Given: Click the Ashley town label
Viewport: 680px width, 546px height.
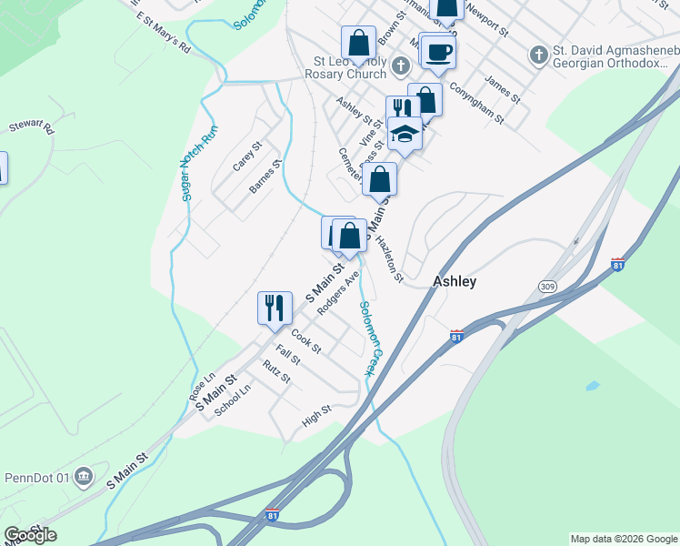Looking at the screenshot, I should coord(455,281).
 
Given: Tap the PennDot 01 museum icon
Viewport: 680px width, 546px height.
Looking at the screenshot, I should coord(84,477).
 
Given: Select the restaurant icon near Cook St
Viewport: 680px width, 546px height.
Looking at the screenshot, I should coord(274,308).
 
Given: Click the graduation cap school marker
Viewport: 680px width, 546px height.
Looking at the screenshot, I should coord(405,136).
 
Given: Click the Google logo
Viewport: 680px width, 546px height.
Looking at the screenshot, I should coord(30,535).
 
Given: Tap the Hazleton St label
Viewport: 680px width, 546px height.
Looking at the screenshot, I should coord(388,259).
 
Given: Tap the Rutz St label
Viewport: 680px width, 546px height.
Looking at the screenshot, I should coord(275,371).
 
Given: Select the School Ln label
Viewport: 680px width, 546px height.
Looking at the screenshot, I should coord(232,399).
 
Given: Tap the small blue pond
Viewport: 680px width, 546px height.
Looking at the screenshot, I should coord(593,386).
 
